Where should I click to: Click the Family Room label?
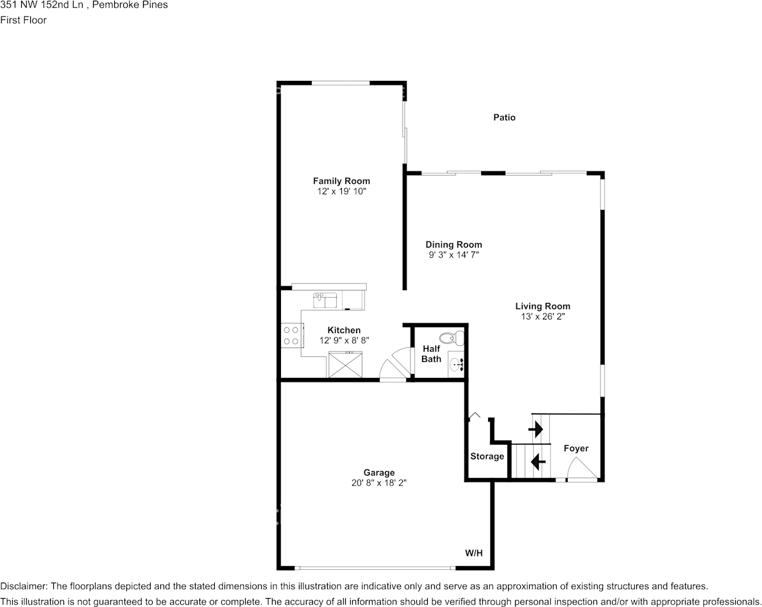(341, 181)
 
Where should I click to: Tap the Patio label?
(504, 117)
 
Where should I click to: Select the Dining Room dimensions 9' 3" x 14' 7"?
(454, 255)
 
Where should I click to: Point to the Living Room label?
(543, 306)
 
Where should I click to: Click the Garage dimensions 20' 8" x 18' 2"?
(378, 483)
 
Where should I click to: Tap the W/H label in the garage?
(474, 552)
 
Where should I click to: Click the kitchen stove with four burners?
(291, 335)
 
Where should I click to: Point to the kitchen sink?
(325, 300)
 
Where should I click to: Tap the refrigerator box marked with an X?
(346, 365)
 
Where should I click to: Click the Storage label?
(487, 456)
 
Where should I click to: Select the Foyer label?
(575, 448)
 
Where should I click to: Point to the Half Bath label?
(431, 354)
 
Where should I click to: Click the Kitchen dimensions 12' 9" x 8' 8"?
(344, 341)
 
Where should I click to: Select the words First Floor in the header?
(23, 20)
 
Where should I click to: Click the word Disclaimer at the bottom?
(23, 586)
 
